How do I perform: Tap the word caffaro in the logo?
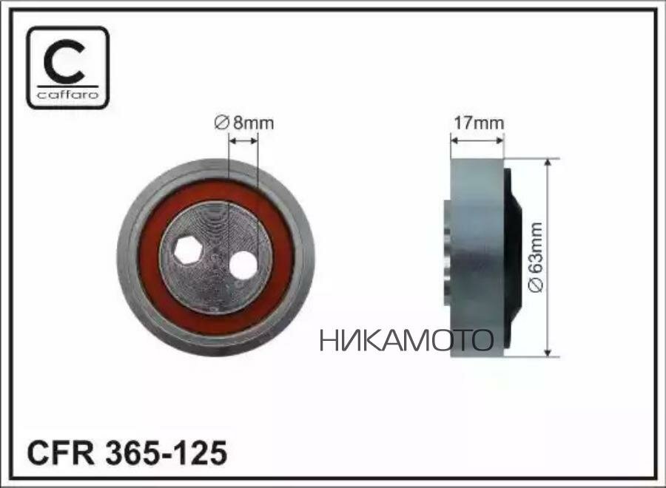[x=67, y=94]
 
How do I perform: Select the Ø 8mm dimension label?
[x=243, y=123]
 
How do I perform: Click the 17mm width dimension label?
[x=479, y=123]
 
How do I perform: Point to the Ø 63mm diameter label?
[x=536, y=257]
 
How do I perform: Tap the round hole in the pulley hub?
[x=243, y=265]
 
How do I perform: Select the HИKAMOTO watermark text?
[x=406, y=340]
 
